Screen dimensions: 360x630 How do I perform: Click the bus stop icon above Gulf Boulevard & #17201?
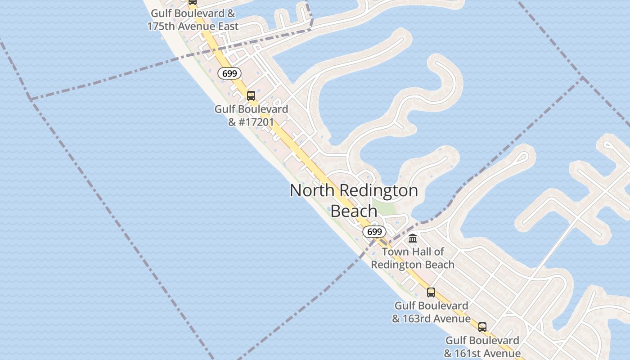[x=251, y=95]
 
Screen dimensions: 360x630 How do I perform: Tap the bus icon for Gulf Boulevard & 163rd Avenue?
[x=431, y=292]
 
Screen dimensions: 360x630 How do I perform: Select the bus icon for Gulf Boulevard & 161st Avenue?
[x=482, y=327]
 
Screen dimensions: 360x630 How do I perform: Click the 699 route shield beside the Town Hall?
[x=374, y=232]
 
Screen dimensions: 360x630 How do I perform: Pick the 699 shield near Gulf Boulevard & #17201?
[x=229, y=73]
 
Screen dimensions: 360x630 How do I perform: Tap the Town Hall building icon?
[x=413, y=238]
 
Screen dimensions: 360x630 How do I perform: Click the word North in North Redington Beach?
[x=312, y=190]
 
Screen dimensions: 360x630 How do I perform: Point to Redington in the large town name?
[x=378, y=190]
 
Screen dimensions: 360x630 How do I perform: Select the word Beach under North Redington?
[x=354, y=211]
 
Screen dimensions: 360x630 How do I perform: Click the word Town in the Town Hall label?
[x=396, y=252]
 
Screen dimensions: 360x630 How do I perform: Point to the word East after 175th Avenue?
[x=227, y=27]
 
